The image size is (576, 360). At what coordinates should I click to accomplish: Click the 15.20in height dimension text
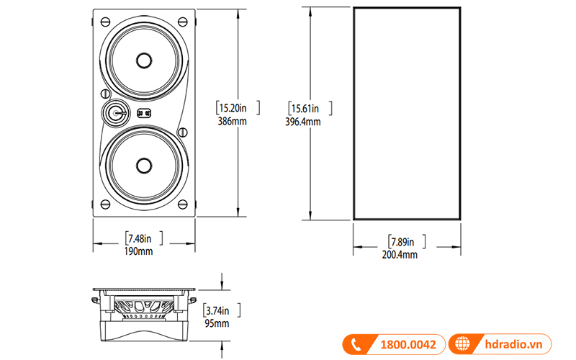click(x=233, y=108)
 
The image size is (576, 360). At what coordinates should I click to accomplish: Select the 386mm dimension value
click(x=233, y=122)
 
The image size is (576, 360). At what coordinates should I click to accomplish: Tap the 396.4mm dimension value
click(x=303, y=122)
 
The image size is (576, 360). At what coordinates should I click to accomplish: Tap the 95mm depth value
click(x=217, y=324)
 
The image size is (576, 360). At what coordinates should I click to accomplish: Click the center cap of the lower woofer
click(x=143, y=165)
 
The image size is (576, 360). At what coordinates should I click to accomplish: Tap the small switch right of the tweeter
click(x=143, y=112)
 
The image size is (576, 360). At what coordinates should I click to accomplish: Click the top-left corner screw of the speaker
click(x=106, y=20)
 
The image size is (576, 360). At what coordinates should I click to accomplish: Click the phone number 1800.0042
click(x=405, y=345)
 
